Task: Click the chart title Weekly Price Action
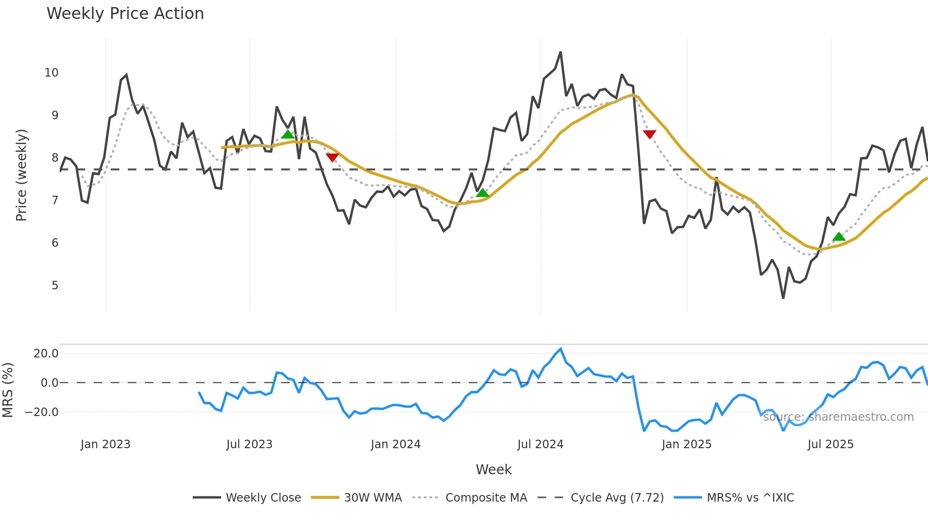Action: (125, 14)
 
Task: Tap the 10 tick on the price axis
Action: (52, 73)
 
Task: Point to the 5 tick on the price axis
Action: (55, 286)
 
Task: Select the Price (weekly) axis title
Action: (21, 175)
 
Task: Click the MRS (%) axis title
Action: (8, 390)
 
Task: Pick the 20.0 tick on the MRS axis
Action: (46, 354)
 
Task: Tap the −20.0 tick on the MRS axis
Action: (42, 412)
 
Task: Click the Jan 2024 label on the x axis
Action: (395, 444)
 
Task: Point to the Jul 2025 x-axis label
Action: (830, 444)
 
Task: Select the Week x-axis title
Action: (493, 469)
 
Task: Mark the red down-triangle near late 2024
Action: (650, 134)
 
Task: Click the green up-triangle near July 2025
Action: (839, 236)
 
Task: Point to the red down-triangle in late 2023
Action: (332, 157)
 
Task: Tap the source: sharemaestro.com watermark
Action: (838, 417)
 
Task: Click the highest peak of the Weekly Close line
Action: (561, 52)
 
